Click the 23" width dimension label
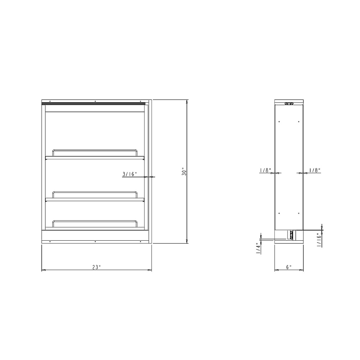pos(96,267)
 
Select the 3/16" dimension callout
pos(130,174)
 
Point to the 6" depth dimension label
pos(289,267)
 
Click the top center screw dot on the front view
pos(95,101)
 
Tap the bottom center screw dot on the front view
pos(95,241)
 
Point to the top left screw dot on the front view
pos(50,101)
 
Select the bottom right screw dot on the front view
pos(140,241)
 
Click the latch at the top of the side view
pos(289,104)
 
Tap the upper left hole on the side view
pos(279,121)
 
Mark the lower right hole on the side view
pos(299,213)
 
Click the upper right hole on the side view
pos(299,121)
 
